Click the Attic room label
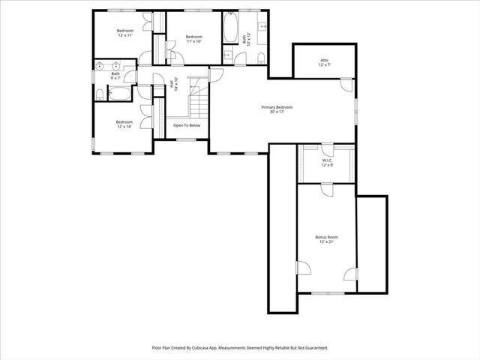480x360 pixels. pos(325,63)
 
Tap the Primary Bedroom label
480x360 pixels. pos(277,109)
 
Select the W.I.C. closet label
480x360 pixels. pos(327,162)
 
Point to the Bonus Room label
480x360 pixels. pos(326,239)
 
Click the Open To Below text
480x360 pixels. pos(187,125)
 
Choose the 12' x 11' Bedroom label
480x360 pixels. pos(124,33)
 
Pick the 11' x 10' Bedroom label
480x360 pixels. pos(194,39)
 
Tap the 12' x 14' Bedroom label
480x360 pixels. pos(124,124)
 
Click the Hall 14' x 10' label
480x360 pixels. pos(175,85)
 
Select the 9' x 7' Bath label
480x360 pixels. pos(115,76)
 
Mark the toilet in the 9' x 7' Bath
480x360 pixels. pos(100,94)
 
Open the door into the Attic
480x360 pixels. pos(346,83)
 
